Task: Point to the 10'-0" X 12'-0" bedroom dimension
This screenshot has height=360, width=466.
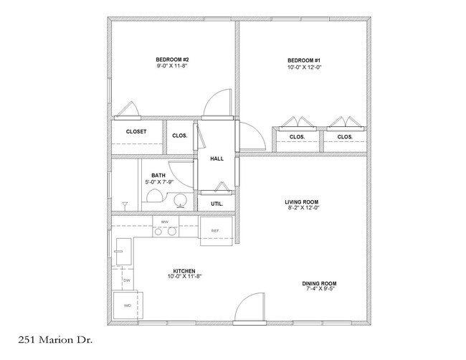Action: coord(304,67)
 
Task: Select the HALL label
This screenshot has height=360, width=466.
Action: coord(217,158)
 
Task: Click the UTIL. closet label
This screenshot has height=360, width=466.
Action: coord(217,204)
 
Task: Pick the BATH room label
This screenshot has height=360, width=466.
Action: coord(158,176)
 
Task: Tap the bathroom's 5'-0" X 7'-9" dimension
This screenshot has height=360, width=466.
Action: coord(159,181)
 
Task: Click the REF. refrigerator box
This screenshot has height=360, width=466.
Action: coord(216,232)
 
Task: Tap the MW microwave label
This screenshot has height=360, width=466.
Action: coord(165,222)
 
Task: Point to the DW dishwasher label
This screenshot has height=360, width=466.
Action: coord(127,280)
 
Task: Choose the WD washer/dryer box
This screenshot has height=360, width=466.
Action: coord(128,305)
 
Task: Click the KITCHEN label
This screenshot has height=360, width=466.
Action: coord(184,271)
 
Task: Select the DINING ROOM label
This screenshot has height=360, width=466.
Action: coord(320,283)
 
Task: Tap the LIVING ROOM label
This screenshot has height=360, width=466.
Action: coord(302,202)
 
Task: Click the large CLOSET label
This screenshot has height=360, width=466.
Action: coord(136,132)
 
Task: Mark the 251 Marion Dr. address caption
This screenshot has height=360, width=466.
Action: coord(55,340)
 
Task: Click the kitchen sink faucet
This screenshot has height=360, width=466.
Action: coord(118,251)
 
